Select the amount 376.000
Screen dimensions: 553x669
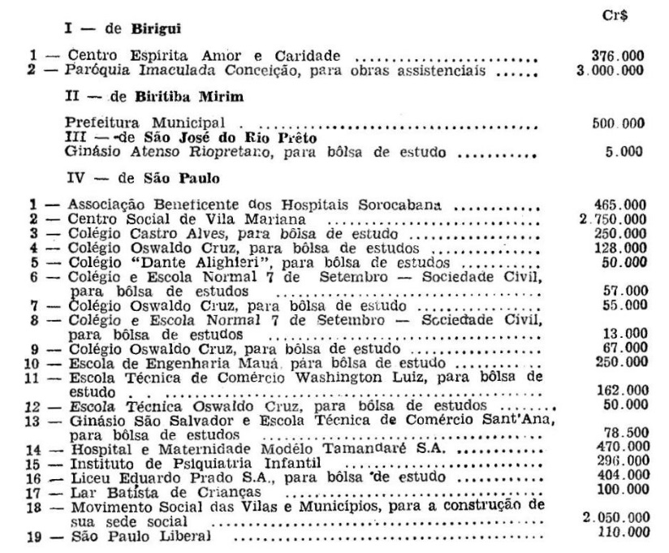click(619, 56)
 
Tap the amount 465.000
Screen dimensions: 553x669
click(619, 206)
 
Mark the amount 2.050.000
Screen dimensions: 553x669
click(615, 518)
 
